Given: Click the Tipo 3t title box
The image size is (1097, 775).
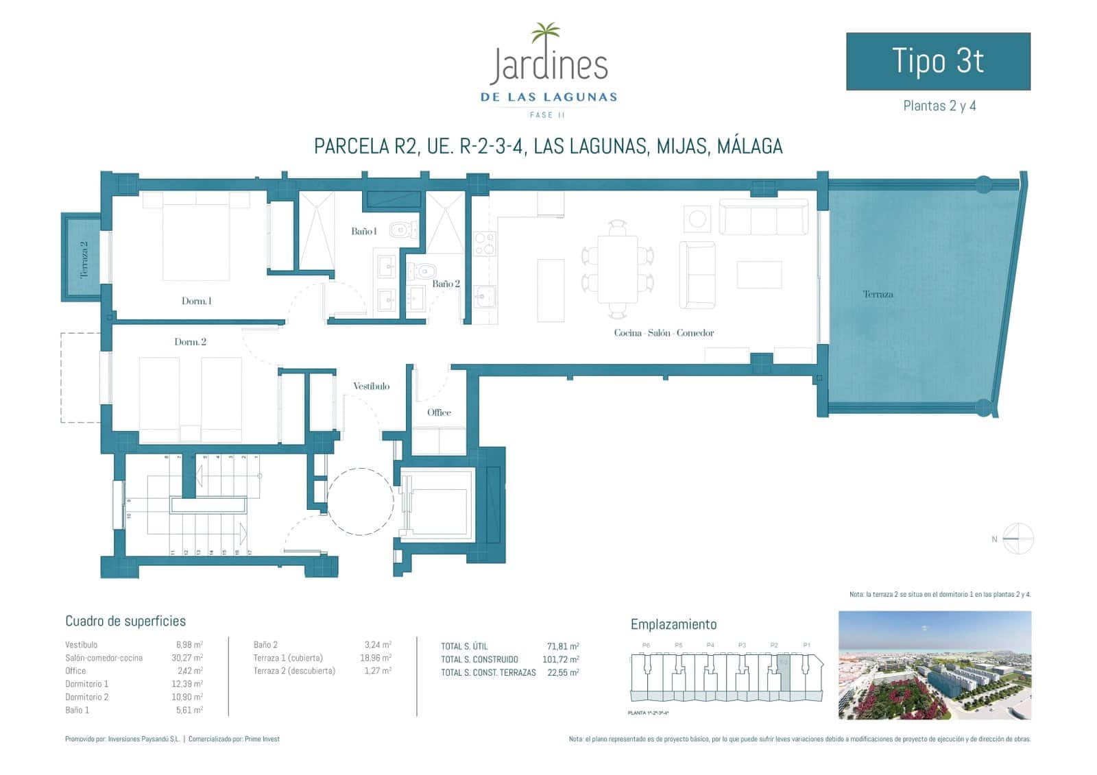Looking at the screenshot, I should click(x=937, y=61).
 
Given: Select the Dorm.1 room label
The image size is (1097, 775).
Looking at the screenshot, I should click(x=196, y=301).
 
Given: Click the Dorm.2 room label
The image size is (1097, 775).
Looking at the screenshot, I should click(x=190, y=342).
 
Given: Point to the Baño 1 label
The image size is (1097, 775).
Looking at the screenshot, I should click(x=363, y=232).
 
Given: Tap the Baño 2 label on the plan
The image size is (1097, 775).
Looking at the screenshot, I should click(x=446, y=284).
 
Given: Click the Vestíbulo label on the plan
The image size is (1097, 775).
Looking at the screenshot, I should click(x=371, y=386).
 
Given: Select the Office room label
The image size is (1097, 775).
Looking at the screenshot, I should click(x=439, y=413).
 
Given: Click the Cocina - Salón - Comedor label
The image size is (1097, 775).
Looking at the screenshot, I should click(x=663, y=333).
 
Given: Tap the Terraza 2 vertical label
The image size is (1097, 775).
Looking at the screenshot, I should click(x=84, y=258).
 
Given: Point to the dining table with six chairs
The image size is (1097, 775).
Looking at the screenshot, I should click(x=617, y=269).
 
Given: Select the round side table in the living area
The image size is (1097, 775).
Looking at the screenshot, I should click(x=697, y=219).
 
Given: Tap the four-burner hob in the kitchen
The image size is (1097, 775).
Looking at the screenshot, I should click(x=484, y=243).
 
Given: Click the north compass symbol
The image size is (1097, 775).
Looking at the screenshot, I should click(x=1017, y=539).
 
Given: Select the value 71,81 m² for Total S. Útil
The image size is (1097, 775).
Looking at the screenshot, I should click(x=562, y=646).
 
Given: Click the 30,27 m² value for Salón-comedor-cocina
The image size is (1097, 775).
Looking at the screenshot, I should click(x=189, y=658).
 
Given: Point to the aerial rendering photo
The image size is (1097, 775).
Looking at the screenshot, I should click(x=934, y=665).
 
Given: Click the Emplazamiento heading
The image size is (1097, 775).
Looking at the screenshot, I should click(x=673, y=624).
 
